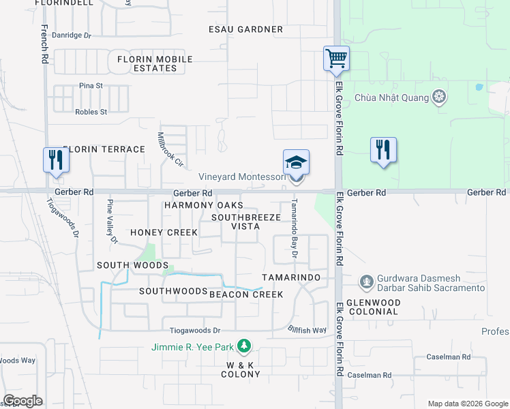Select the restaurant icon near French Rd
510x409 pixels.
point(55,160)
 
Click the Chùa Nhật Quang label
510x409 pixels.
point(392,97)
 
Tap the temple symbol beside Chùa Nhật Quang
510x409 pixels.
point(440,97)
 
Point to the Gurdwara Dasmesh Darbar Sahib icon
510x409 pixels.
point(367,282)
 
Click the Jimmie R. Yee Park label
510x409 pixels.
point(193,347)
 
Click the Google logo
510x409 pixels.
point(22,401)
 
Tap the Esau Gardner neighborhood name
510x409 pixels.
point(245,29)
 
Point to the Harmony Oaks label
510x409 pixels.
point(203,205)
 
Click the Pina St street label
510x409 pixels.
point(90,86)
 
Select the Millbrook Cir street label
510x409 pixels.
point(171,149)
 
